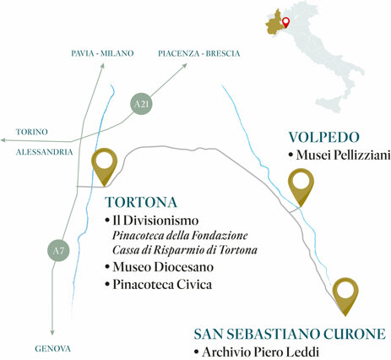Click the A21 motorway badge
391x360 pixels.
(x=141, y=104)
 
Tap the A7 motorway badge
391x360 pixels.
(x=58, y=250)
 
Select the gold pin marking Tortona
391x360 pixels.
(x=104, y=166)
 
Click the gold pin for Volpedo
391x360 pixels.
(x=301, y=187)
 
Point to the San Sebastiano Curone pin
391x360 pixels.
(x=345, y=296)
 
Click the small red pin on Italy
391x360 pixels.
(x=286, y=22)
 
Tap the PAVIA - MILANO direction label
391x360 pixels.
(x=102, y=53)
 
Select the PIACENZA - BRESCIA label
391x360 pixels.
(x=199, y=53)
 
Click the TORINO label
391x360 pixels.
(x=32, y=132)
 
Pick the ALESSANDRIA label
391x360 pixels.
(x=45, y=152)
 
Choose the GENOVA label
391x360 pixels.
(x=52, y=349)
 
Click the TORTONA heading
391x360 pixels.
(x=141, y=202)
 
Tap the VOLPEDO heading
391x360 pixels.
(x=324, y=137)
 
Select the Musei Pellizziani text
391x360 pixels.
(x=343, y=155)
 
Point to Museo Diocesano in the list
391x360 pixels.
(x=163, y=267)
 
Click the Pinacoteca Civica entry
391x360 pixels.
(x=162, y=285)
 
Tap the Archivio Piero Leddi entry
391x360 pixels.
(x=260, y=352)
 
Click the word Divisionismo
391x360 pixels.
(x=161, y=221)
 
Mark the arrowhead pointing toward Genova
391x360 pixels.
(x=52, y=332)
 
